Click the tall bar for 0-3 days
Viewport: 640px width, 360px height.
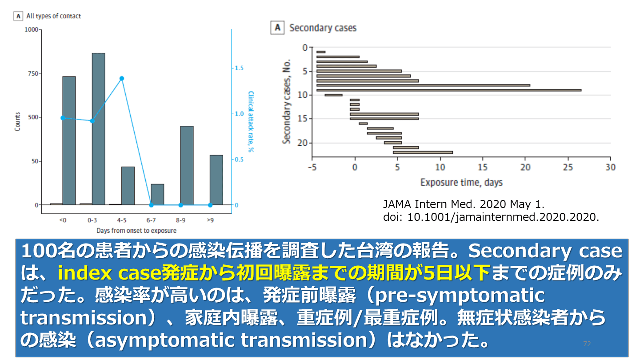click(x=98, y=128)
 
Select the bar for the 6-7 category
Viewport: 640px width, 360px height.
click(x=157, y=194)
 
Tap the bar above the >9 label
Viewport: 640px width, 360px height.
click(x=216, y=180)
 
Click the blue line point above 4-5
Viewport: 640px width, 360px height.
click(x=122, y=78)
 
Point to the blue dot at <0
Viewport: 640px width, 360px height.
click(x=63, y=118)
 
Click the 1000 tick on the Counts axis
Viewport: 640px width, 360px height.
click(x=32, y=30)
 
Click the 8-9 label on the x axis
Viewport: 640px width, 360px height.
click(x=180, y=220)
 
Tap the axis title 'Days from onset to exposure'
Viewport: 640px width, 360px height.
click(x=136, y=231)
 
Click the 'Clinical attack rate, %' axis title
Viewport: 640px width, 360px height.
click(x=251, y=121)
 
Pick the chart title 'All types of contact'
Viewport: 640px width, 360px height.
click(x=54, y=16)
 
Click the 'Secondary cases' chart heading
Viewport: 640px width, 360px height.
click(x=323, y=28)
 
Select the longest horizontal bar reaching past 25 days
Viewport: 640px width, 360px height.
click(x=449, y=90)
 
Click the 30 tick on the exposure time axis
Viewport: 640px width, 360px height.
click(x=611, y=167)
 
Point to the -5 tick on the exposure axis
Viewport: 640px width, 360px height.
click(x=312, y=167)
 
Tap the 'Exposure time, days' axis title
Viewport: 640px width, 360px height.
click(x=461, y=182)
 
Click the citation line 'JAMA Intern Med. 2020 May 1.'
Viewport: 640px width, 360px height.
click(x=464, y=204)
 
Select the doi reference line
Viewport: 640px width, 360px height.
click(x=491, y=217)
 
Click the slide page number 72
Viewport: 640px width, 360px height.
click(x=587, y=344)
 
